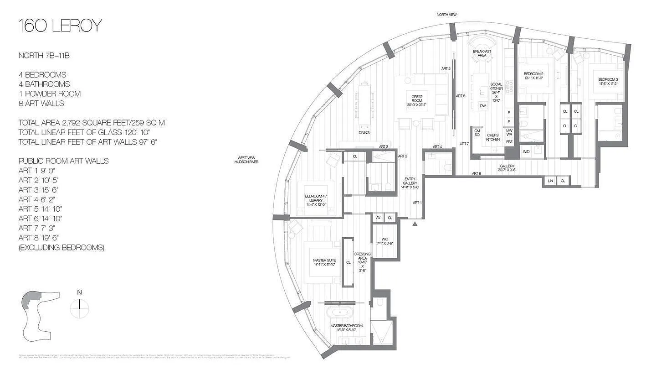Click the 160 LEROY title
(x=60, y=26)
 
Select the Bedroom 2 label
(x=533, y=76)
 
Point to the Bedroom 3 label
(x=608, y=82)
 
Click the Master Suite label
(x=324, y=262)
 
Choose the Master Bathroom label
(x=347, y=328)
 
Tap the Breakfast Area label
(x=482, y=53)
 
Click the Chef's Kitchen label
(x=492, y=137)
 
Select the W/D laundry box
(x=526, y=151)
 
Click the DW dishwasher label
(x=482, y=106)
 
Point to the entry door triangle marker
(x=415, y=224)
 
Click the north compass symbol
(x=80, y=306)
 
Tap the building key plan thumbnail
(x=40, y=313)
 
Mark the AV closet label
(x=378, y=218)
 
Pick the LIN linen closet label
(x=550, y=181)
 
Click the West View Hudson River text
(x=246, y=160)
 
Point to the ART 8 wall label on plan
(x=476, y=173)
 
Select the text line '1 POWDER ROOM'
(x=49, y=94)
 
